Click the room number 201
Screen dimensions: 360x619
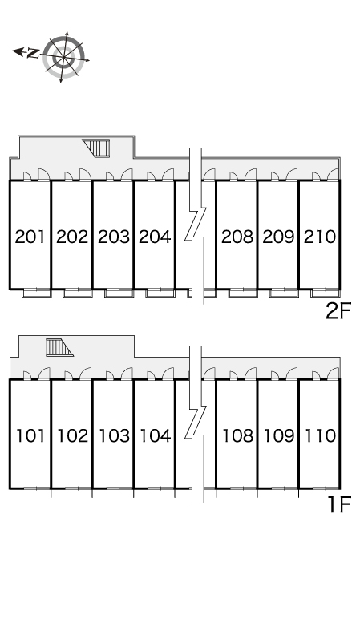(30, 237)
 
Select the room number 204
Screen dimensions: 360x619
(155, 237)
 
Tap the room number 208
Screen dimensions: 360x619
(237, 237)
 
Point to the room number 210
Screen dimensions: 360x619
(320, 237)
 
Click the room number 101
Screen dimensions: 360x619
(30, 436)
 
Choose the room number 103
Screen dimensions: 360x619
(114, 436)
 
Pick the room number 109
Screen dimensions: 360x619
(279, 436)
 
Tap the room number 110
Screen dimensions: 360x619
(320, 436)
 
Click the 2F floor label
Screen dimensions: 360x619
(338, 311)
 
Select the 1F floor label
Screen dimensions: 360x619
(340, 504)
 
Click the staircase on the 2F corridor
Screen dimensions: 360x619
(95, 148)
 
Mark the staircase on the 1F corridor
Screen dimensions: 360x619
(59, 347)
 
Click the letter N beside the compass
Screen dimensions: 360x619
(33, 53)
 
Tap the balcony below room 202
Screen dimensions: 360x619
(78, 293)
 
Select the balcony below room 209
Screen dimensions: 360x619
(284, 293)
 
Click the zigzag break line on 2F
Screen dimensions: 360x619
(196, 226)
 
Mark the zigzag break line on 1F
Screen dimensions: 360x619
(196, 424)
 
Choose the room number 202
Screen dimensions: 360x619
(72, 237)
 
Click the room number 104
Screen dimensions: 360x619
(156, 436)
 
